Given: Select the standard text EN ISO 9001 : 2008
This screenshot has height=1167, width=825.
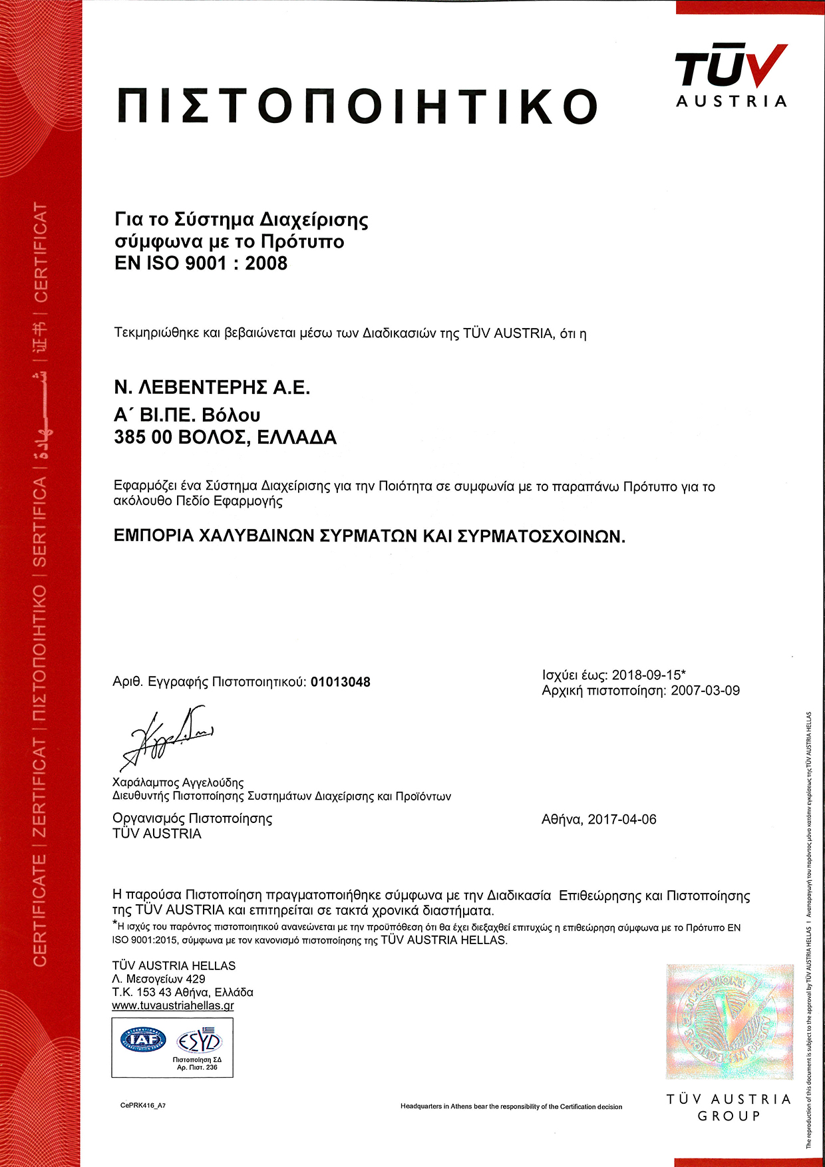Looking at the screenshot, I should (201, 263).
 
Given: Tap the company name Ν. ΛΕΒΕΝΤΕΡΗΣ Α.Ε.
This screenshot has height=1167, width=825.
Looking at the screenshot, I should (212, 387).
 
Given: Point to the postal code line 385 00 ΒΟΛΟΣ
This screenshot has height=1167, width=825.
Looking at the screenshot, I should (226, 438).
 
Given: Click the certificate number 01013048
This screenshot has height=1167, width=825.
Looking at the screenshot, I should (341, 682).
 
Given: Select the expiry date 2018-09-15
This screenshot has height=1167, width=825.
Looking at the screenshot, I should (645, 675).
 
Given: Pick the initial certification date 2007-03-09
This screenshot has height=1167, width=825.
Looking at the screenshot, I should (705, 691).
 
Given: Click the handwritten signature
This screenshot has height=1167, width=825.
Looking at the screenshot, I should (166, 737).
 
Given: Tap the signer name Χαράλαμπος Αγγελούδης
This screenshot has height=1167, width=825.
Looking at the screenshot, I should (178, 782).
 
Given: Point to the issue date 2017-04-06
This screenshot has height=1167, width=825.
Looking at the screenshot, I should (622, 820).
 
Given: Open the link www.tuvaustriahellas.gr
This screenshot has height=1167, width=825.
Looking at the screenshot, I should (173, 1005).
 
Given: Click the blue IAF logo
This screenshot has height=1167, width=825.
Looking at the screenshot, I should (143, 1039).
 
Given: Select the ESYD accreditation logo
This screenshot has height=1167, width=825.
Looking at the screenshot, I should (199, 1039).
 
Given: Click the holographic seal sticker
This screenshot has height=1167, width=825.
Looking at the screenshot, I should (729, 1021).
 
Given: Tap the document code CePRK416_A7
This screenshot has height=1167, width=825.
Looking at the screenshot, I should (143, 1105).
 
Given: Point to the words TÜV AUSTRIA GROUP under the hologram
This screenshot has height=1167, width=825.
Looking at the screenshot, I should (729, 1107).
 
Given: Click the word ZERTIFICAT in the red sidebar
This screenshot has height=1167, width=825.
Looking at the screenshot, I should (40, 788).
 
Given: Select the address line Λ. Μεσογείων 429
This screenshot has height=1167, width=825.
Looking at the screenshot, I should (159, 979).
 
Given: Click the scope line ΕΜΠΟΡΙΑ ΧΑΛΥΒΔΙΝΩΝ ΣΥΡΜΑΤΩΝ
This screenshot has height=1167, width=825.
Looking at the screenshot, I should (369, 536).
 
